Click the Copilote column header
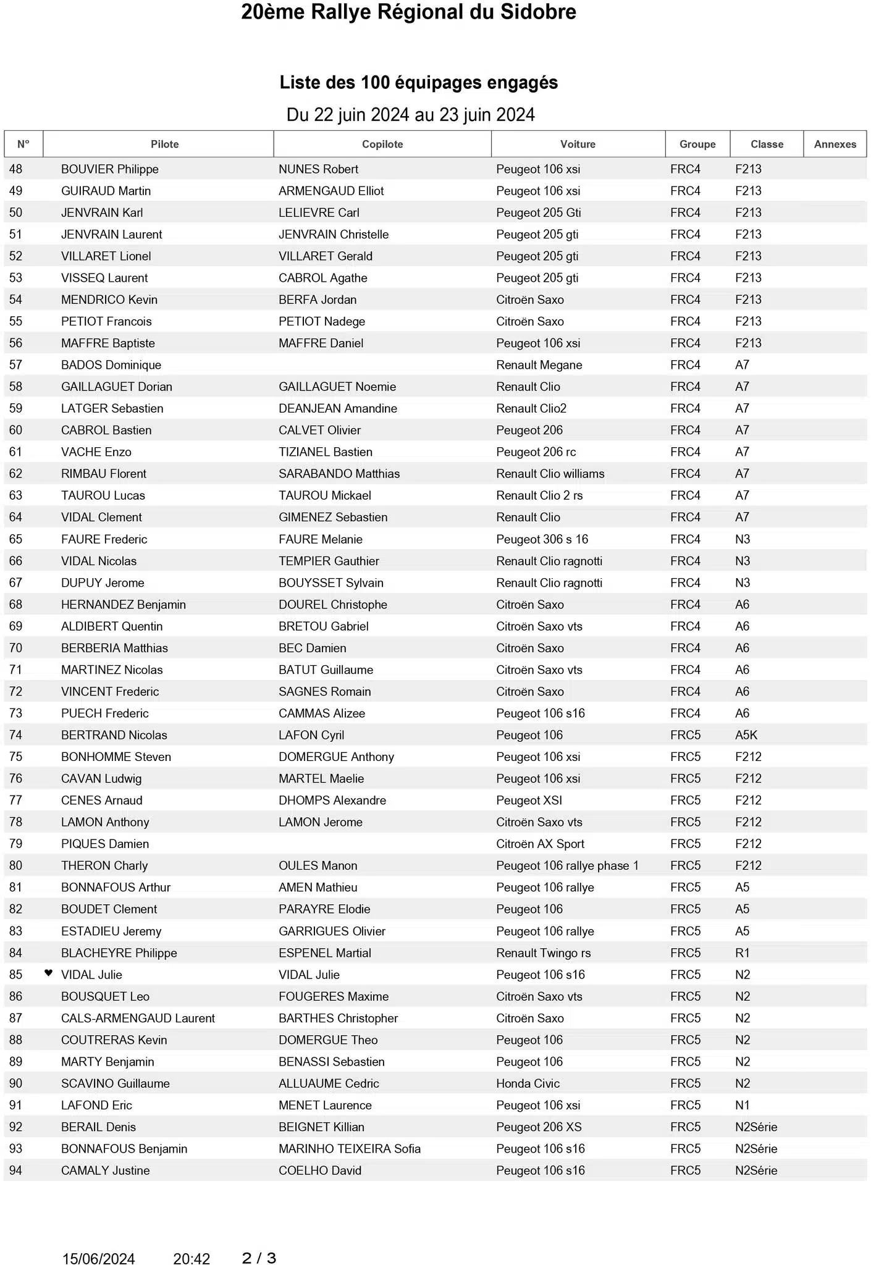(382, 144)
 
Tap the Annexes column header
(835, 144)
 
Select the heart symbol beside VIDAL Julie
(49, 973)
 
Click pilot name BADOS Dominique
(111, 365)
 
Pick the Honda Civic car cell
(528, 1083)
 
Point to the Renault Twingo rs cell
(543, 952)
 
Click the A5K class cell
(746, 735)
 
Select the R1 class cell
(743, 952)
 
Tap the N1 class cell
(743, 1105)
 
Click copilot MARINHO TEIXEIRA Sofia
(350, 1148)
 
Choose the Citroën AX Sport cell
(540, 844)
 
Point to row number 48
(15, 169)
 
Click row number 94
(15, 1170)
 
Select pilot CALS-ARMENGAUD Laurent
(138, 1018)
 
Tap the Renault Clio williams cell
(550, 474)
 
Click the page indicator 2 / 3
(259, 1258)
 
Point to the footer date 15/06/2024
(98, 1259)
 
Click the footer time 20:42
(191, 1259)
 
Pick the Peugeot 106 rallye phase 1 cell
(567, 865)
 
